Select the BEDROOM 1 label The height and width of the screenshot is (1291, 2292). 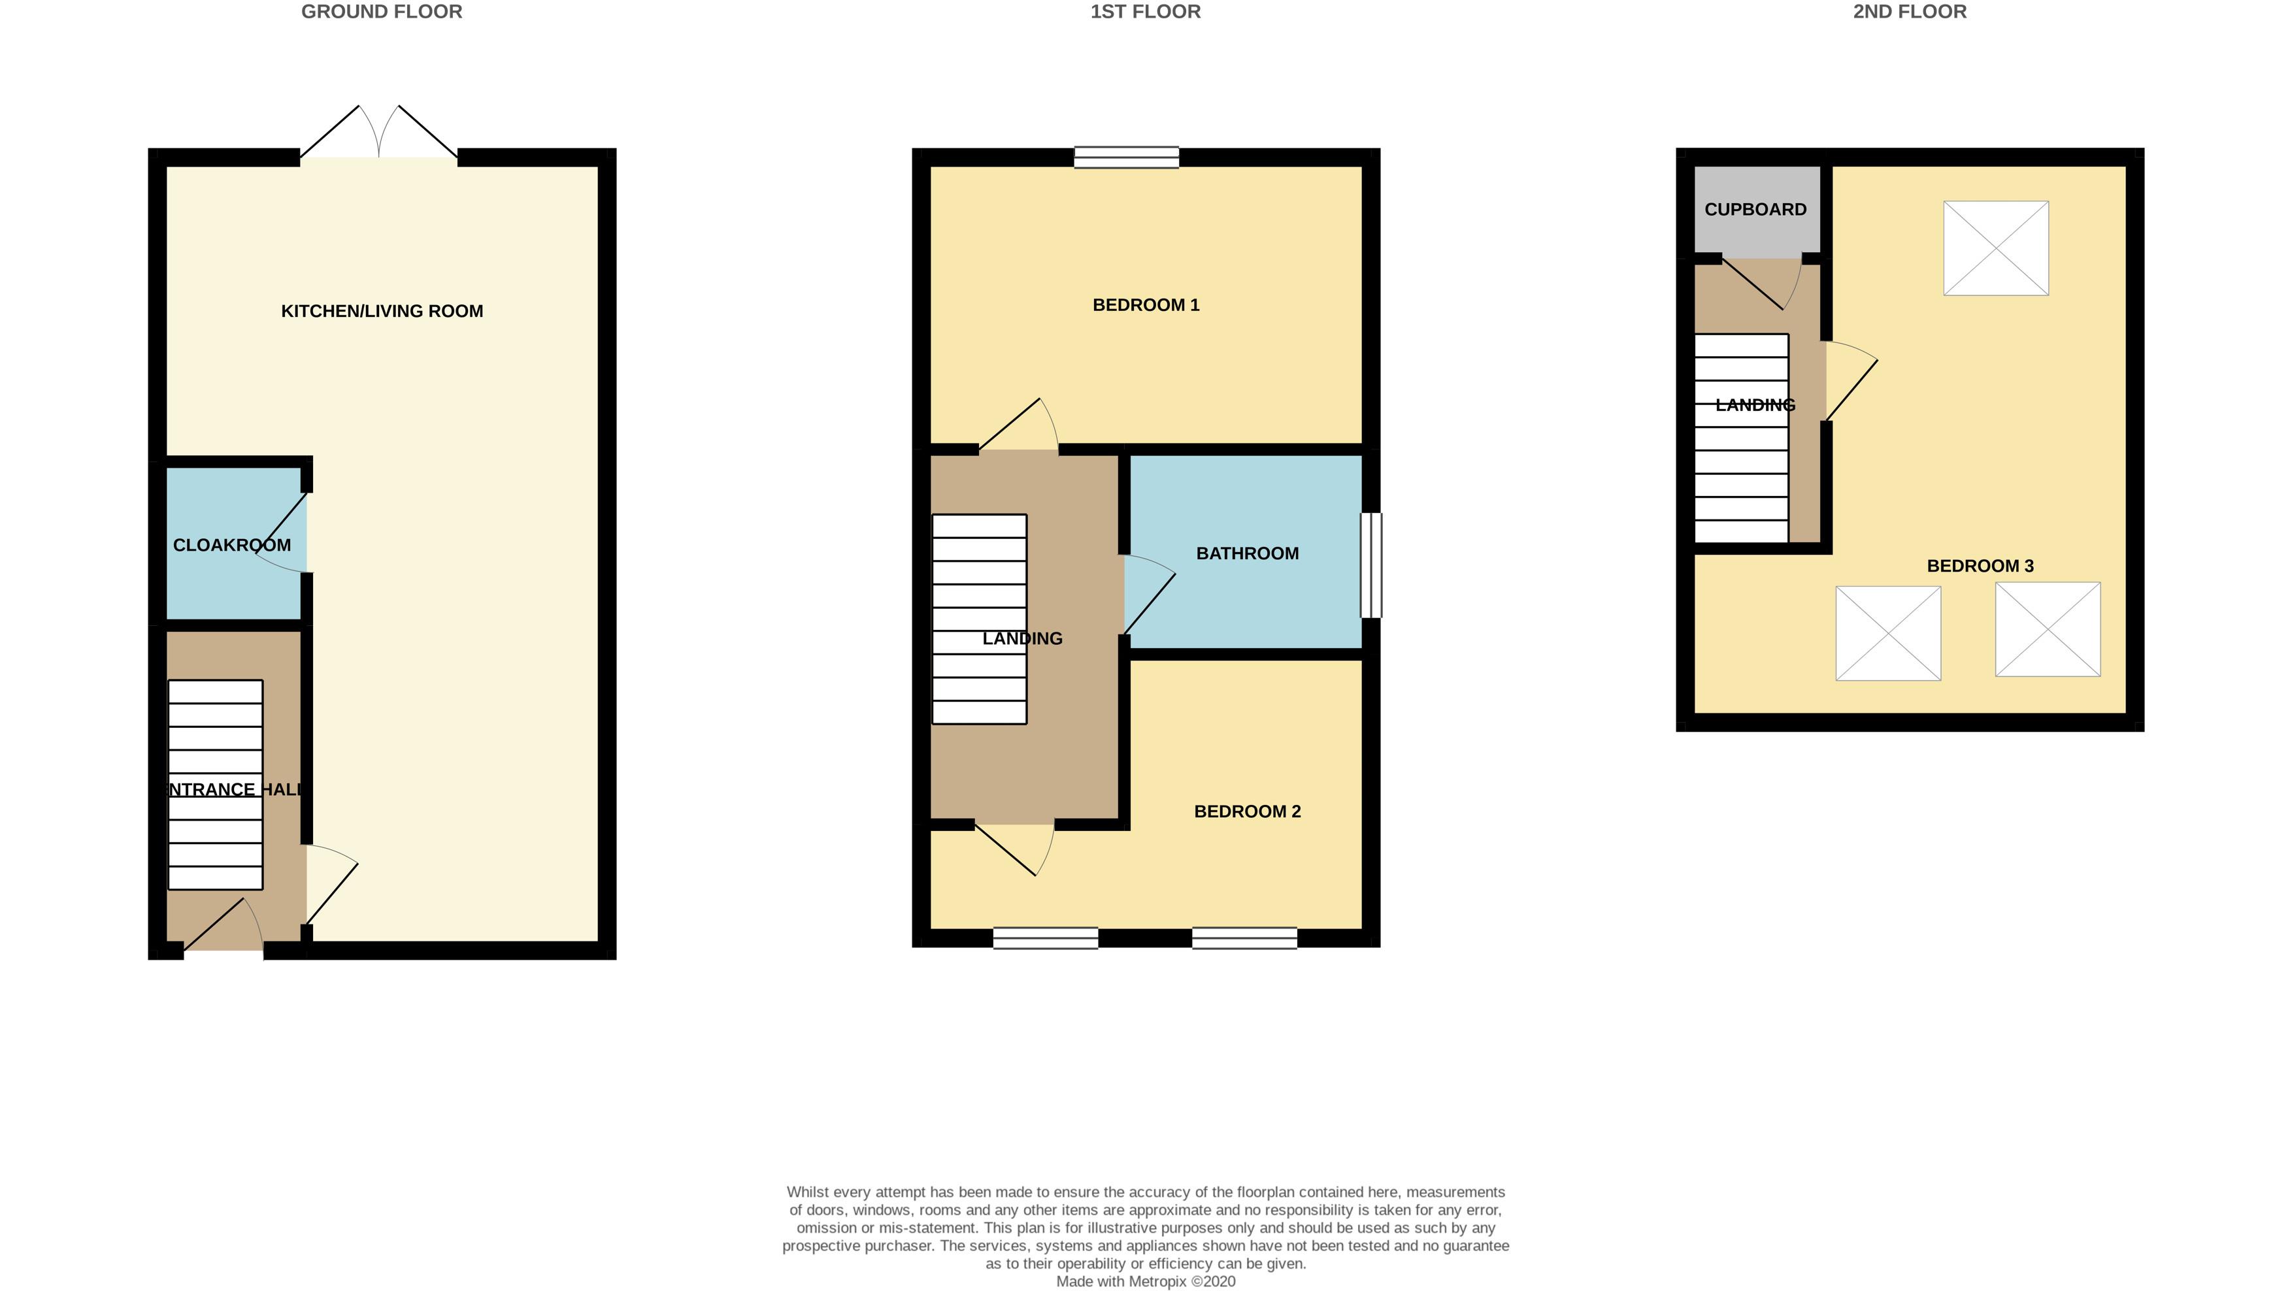pos(1146,305)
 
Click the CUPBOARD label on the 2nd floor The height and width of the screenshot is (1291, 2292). pos(1755,210)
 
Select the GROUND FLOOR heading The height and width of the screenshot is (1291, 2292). pos(382,12)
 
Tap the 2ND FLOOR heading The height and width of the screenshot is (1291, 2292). pos(1910,12)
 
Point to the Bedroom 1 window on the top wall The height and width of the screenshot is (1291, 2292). pos(1127,157)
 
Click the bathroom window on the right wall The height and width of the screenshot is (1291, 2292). pos(1371,565)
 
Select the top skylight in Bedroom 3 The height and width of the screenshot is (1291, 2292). pos(1996,248)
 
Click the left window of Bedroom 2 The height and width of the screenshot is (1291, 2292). pos(1046,938)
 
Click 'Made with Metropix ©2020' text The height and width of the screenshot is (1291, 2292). pos(1145,1281)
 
